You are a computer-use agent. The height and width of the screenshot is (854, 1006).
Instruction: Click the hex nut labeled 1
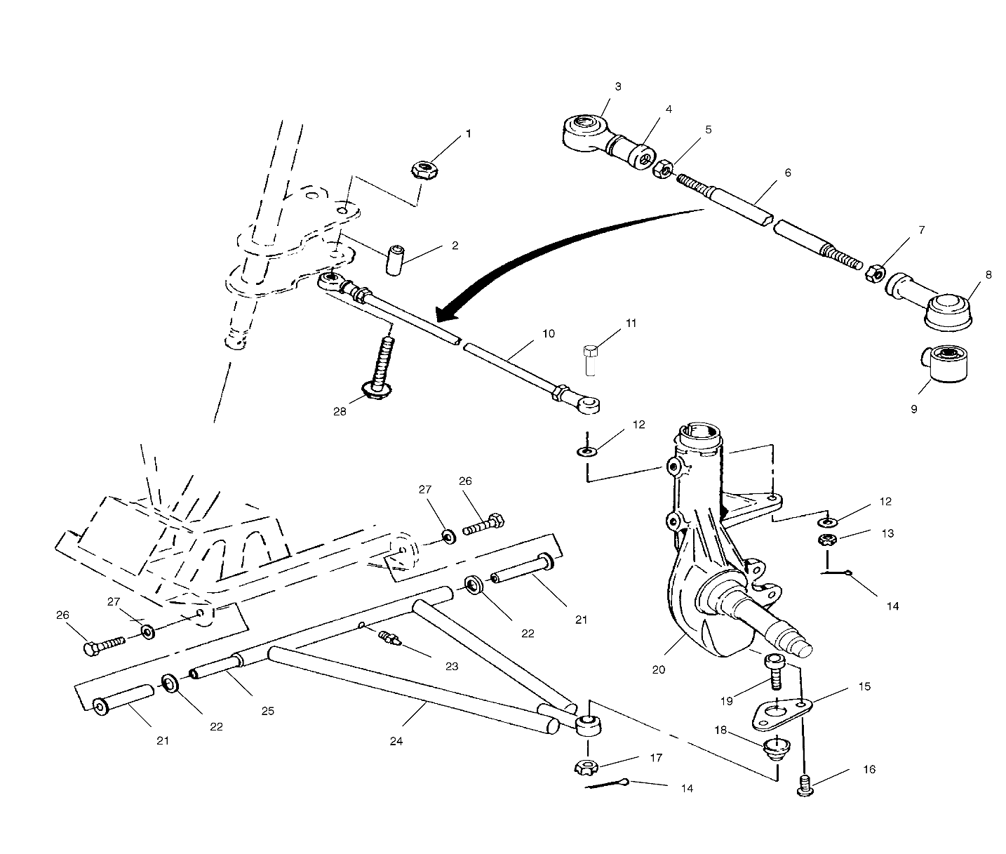click(423, 170)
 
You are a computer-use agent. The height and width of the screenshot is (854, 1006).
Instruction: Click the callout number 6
click(787, 172)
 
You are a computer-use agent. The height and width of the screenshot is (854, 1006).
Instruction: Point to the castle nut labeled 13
click(828, 540)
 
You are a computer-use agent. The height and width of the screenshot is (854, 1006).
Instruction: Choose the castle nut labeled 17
click(586, 767)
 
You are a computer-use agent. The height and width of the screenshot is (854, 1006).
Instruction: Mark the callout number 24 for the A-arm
click(396, 740)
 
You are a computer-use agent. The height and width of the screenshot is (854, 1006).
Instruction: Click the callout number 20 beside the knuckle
click(657, 669)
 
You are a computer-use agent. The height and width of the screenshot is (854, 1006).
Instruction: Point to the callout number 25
click(267, 710)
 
